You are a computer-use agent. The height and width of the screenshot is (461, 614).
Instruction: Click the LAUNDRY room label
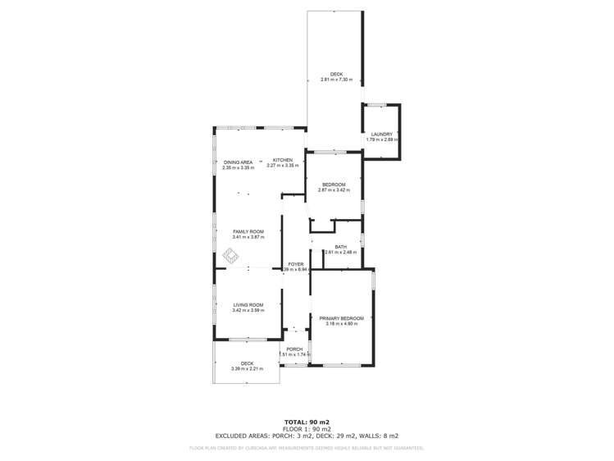coord(382,134)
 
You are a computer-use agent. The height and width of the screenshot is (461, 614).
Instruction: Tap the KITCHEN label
coord(283,160)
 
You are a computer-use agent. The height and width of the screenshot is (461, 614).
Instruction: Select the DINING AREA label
coord(238,162)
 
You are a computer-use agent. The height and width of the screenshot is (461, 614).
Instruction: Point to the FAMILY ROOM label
coord(248,232)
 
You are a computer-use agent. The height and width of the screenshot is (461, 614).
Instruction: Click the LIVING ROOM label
coord(248,305)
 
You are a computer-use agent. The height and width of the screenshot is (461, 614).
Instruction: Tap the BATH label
coord(340,246)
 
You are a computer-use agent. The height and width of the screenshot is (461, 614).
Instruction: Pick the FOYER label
coord(296,264)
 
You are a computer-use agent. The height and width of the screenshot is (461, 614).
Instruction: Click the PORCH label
coord(294,349)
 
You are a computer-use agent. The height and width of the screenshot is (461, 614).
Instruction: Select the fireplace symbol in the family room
coord(232,258)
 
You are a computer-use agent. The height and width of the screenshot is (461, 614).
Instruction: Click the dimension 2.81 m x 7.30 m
coord(336,80)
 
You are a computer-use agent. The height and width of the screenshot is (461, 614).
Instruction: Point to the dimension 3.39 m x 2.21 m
coord(248,369)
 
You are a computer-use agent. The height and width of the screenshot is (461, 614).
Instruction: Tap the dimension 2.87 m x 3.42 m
coord(334,190)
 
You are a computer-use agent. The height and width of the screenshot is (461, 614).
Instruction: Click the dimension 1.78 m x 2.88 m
coord(382,139)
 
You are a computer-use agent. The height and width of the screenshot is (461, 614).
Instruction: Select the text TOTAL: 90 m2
coord(307,422)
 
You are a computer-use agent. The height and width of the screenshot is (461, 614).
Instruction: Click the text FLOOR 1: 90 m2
coord(307,429)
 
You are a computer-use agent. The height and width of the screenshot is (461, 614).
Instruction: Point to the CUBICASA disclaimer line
coord(307,448)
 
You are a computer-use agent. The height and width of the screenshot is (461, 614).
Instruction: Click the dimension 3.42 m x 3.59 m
coord(248,311)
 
